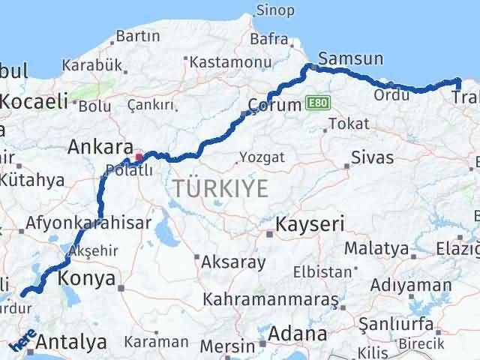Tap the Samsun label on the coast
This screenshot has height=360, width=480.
(350, 58)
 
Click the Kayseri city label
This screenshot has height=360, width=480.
(310, 224)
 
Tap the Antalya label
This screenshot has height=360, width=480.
(71, 343)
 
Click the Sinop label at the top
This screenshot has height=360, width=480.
(274, 10)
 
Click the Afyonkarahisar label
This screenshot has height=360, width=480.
(88, 223)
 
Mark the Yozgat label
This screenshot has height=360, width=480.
(262, 157)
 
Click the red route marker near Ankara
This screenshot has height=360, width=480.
(137, 158)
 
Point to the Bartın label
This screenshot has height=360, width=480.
(139, 35)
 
